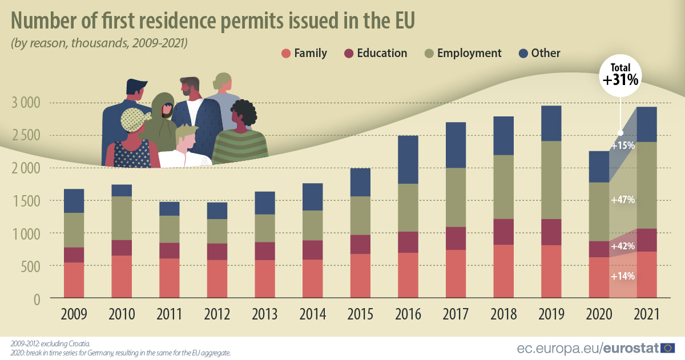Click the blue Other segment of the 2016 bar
[x=408, y=159]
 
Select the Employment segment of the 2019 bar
[x=551, y=180]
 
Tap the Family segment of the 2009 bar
[x=74, y=280]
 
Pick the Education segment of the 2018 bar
[x=503, y=232]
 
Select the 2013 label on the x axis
[x=265, y=315]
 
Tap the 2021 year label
[x=647, y=315]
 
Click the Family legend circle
[x=286, y=54]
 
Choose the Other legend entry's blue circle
[x=523, y=54]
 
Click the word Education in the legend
[x=382, y=53]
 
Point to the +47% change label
[x=622, y=200]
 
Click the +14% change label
[x=622, y=276]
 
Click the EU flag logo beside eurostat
[x=668, y=347]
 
